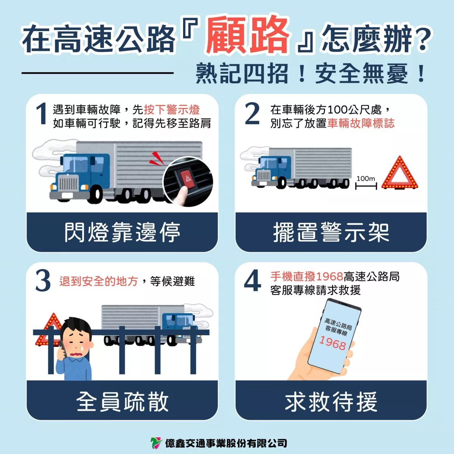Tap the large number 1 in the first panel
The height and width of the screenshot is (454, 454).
[x=42, y=114]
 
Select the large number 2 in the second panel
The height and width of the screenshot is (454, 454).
[x=252, y=113]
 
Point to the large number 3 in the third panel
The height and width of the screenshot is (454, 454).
[x=43, y=281]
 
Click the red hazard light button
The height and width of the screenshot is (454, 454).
[x=187, y=179]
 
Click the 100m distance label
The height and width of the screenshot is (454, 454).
[x=365, y=178]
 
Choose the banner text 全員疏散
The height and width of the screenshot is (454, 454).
[x=123, y=401]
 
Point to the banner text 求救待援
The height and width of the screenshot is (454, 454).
[x=331, y=401]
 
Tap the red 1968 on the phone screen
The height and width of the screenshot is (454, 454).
[x=333, y=343]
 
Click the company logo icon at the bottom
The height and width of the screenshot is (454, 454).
[x=156, y=443]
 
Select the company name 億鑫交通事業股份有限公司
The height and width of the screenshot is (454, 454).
[x=226, y=443]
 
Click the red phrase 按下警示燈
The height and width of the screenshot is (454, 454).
[x=172, y=110]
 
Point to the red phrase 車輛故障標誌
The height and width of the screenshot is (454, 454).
[x=361, y=123]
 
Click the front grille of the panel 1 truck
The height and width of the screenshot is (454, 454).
[x=68, y=184]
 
